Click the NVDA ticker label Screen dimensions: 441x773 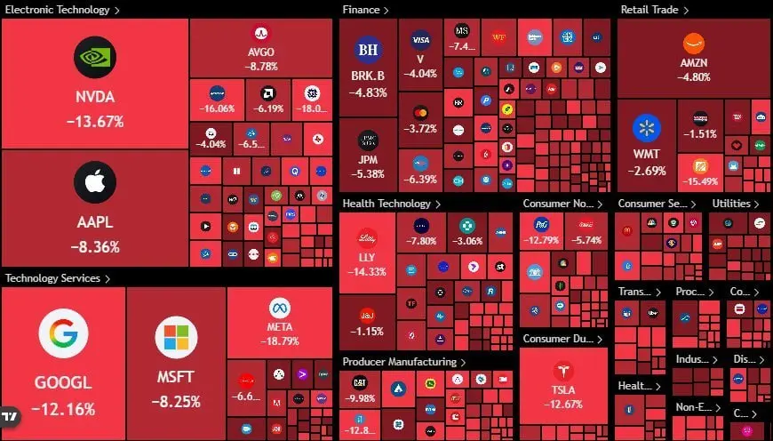pyautogui.click(x=94, y=97)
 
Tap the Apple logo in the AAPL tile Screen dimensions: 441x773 pyautogui.click(x=94, y=182)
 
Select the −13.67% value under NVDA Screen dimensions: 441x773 pyautogui.click(x=94, y=122)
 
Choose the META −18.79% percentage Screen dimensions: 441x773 pyautogui.click(x=279, y=341)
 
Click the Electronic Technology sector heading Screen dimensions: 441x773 pyautogui.click(x=58, y=10)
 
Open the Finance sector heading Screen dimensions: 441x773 pyautogui.click(x=362, y=10)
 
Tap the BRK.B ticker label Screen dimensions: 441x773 pyautogui.click(x=368, y=76)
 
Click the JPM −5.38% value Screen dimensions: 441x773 pyautogui.click(x=368, y=174)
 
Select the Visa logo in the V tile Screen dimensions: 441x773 pyautogui.click(x=420, y=39)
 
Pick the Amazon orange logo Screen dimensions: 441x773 pyautogui.click(x=694, y=43)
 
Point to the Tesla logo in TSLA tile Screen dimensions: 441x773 pyautogui.click(x=563, y=371)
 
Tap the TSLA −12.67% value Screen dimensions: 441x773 pyautogui.click(x=563, y=405)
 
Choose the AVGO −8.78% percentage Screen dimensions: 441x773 pyautogui.click(x=262, y=66)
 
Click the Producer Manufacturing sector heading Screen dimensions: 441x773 pyautogui.click(x=399, y=362)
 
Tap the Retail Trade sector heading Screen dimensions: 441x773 pyautogui.click(x=649, y=10)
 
